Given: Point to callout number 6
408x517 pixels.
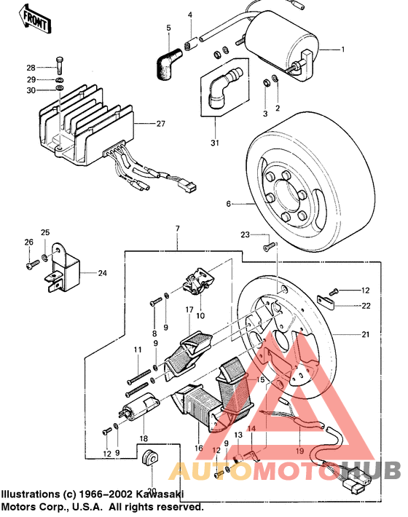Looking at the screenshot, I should [228, 205].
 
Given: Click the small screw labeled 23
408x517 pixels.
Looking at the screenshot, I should [267, 248].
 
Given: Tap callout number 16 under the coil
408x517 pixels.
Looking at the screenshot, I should [197, 448].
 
